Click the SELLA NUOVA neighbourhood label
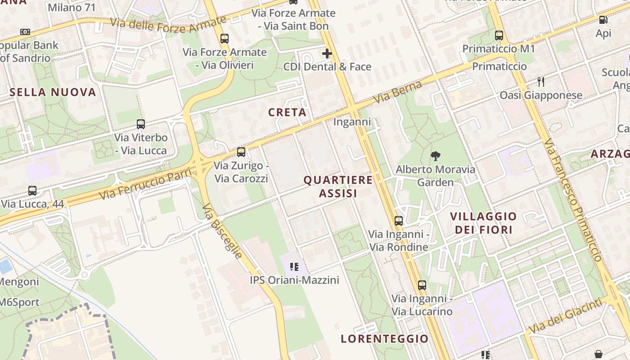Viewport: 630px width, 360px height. (x=53, y=92)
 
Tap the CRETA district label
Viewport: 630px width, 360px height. (x=287, y=112)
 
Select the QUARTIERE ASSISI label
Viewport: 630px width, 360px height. (x=338, y=186)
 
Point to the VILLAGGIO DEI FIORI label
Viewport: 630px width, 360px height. (x=483, y=223)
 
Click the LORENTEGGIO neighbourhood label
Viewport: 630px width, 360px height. (x=384, y=338)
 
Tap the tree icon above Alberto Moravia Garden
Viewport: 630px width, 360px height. (x=435, y=156)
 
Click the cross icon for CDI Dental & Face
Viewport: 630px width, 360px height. (x=327, y=54)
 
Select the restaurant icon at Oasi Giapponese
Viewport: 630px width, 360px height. (x=541, y=82)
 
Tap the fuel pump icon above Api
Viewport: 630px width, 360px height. (x=603, y=20)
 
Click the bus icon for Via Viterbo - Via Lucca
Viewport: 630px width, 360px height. (x=141, y=124)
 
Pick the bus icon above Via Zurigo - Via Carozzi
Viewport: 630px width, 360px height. (x=241, y=152)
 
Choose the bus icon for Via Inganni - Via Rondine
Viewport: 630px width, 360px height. (x=398, y=221)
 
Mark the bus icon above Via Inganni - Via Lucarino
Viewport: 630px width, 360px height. (x=422, y=285)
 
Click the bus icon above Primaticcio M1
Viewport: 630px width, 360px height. (x=499, y=36)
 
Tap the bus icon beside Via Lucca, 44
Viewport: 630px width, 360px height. (x=32, y=190)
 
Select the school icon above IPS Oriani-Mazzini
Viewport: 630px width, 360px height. (x=294, y=267)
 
